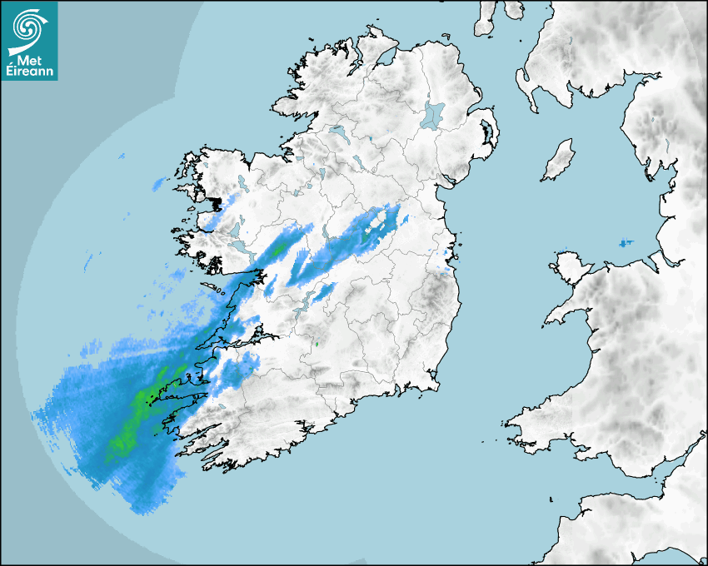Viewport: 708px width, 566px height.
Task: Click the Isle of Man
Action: click(x=559, y=160)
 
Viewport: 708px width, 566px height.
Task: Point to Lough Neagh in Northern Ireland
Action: click(x=433, y=114)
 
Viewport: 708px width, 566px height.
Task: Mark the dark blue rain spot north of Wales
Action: click(x=625, y=243)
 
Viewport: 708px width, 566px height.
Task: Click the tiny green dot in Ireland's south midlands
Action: click(x=316, y=343)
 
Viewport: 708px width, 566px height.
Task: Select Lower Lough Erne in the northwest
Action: click(x=337, y=132)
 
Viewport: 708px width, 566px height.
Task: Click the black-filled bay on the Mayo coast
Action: click(x=217, y=202)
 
